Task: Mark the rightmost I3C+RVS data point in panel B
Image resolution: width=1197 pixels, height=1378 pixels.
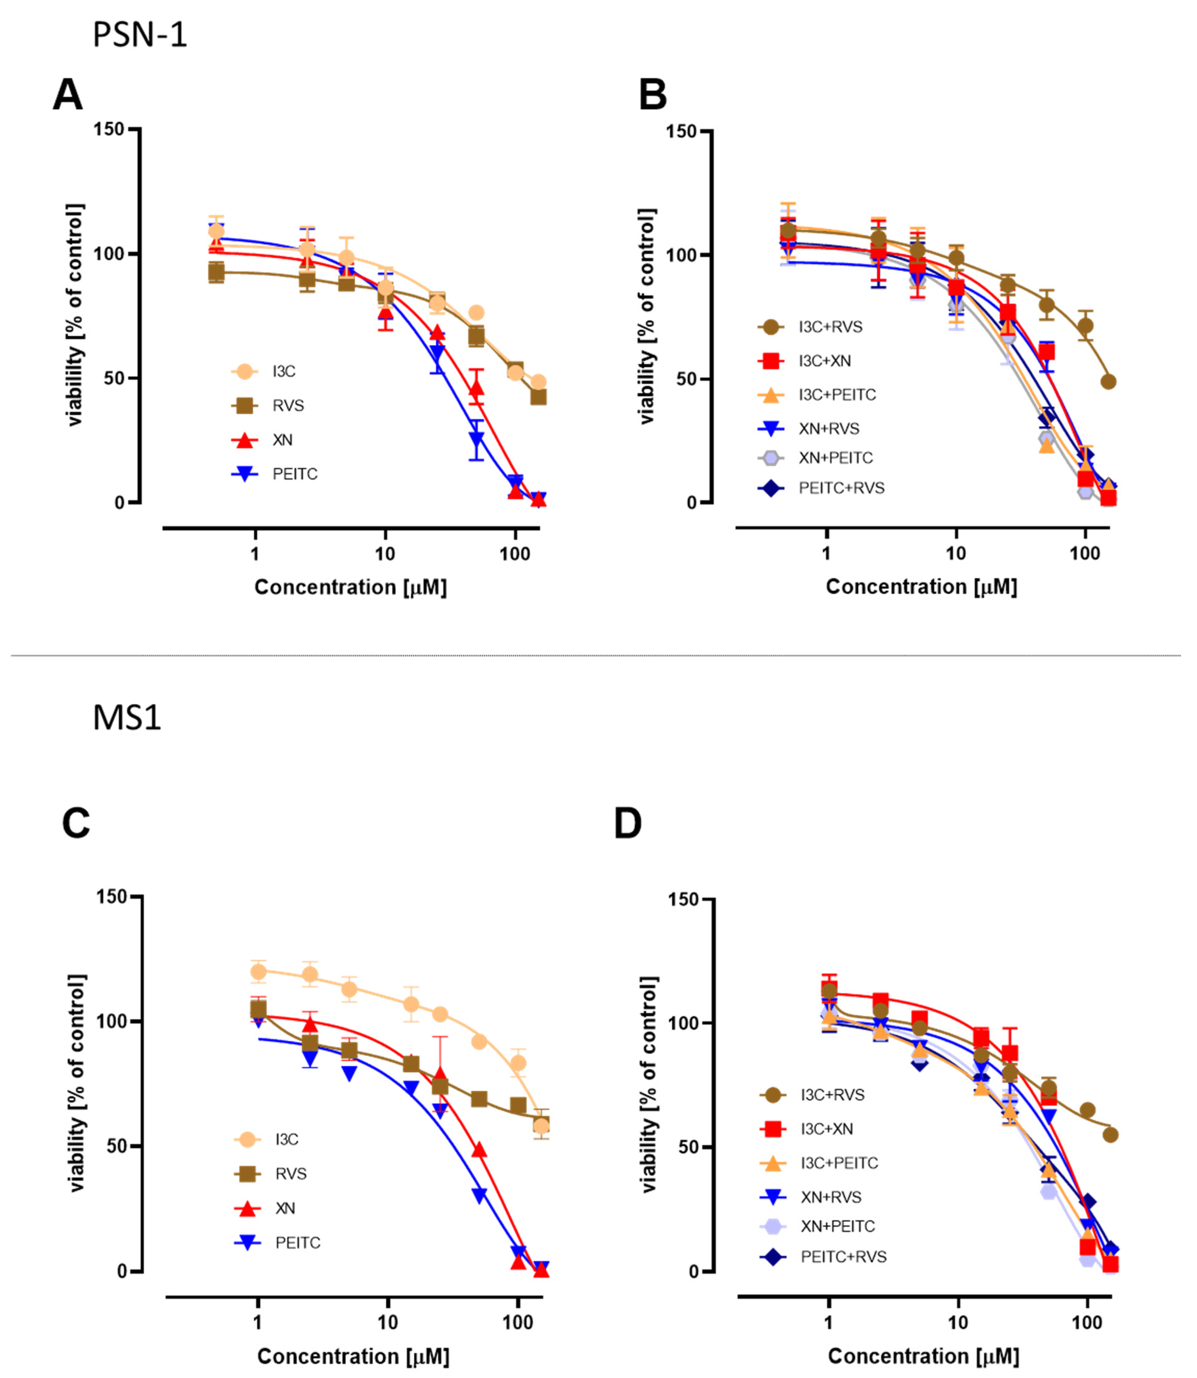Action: tap(1108, 382)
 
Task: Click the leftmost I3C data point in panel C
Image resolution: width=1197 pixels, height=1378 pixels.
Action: tap(258, 971)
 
